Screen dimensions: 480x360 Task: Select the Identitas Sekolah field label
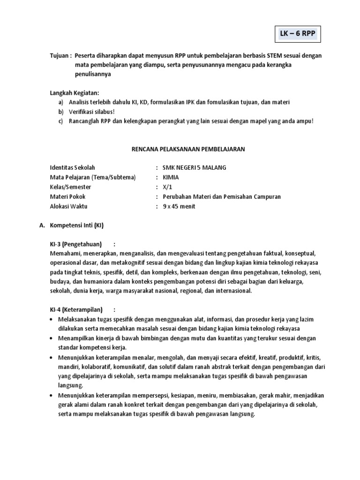(x=72, y=168)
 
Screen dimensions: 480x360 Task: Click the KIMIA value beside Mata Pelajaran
(x=170, y=177)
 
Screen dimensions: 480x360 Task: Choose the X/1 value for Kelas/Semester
(x=167, y=187)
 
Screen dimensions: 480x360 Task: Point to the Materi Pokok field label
(x=67, y=196)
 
